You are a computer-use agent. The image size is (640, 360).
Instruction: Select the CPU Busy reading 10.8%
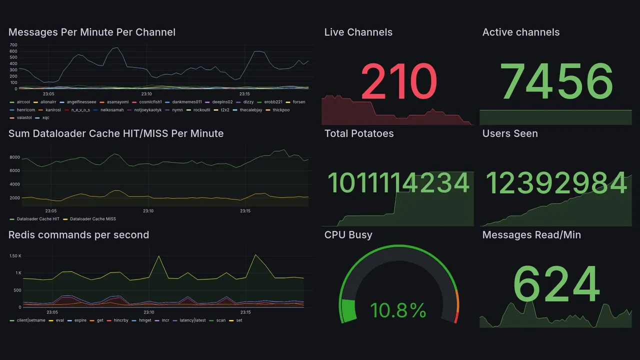point(398,310)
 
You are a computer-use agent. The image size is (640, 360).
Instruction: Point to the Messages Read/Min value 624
point(556,284)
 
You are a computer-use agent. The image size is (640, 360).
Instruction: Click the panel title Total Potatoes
point(359,133)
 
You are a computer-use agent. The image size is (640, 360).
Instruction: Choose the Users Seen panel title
point(510,133)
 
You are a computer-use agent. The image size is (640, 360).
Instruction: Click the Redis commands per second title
point(78,235)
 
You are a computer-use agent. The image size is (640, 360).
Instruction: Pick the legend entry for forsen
point(298,102)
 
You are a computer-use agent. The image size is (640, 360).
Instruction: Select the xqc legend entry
point(45,118)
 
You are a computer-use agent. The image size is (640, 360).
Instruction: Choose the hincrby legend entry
point(121,320)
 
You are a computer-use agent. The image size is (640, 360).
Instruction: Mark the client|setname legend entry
point(31,320)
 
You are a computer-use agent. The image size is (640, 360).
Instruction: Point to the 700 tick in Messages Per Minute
point(13,45)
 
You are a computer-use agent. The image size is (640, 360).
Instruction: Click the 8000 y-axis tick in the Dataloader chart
point(14,157)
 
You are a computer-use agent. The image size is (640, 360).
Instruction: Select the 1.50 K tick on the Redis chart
point(15,256)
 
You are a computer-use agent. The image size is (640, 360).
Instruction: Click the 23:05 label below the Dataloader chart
point(51,211)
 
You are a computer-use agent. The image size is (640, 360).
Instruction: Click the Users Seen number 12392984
point(556,183)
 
